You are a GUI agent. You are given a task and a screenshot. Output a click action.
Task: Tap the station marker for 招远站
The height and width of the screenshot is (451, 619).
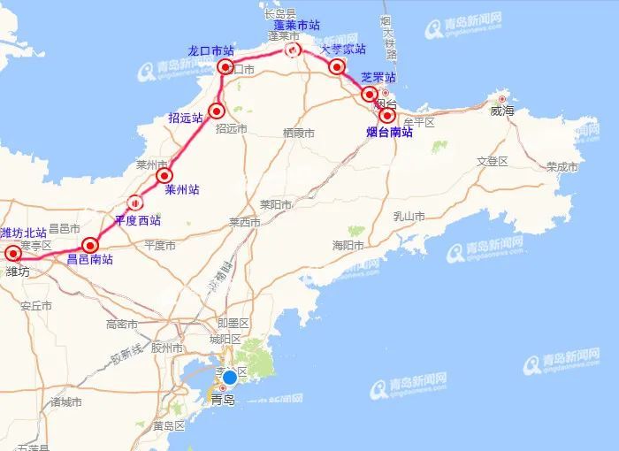(x=218, y=111)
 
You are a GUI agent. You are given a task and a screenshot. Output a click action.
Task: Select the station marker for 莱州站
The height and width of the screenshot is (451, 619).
(x=164, y=176)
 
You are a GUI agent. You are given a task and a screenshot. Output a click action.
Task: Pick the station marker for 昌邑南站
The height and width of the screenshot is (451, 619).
(x=89, y=245)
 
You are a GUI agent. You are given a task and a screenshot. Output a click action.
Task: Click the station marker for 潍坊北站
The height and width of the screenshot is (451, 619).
(x=13, y=254)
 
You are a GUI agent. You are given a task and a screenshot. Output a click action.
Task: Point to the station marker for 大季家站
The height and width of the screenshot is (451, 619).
(x=336, y=66)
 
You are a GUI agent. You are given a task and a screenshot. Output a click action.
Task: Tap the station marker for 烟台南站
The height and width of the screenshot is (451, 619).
(x=386, y=115)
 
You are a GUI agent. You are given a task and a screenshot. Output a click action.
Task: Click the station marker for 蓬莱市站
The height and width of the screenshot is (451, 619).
(x=292, y=50)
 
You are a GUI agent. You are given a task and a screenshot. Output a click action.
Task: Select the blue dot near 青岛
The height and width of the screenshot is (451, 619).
(x=229, y=378)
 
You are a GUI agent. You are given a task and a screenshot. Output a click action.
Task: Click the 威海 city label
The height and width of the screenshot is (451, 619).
(x=502, y=111)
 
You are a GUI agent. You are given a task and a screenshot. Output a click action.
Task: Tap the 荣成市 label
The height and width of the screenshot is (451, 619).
(x=562, y=166)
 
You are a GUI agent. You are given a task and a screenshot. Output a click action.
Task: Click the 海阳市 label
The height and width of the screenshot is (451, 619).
(x=348, y=245)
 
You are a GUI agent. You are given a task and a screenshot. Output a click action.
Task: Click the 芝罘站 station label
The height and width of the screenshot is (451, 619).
(x=378, y=78)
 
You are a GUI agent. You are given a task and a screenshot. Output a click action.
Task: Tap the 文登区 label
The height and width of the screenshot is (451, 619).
(x=493, y=161)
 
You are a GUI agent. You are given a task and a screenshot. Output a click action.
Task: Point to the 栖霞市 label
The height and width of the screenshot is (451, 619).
(x=299, y=133)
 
